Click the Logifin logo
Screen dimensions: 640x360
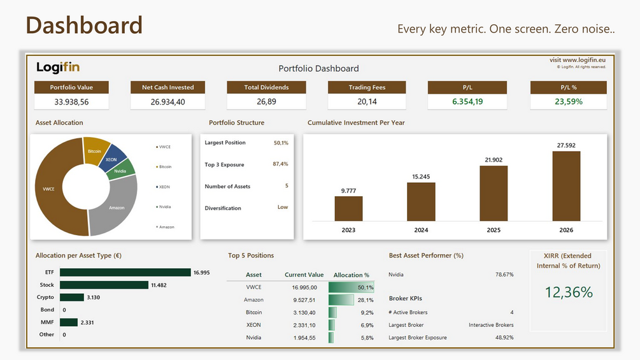pos(58,68)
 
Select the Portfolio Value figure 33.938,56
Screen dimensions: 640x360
pos(71,102)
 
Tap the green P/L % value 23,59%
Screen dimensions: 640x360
pos(569,102)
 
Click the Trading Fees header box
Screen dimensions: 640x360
pos(367,87)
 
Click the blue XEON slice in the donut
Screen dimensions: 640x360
pos(113,157)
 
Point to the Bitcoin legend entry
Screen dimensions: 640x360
pos(164,166)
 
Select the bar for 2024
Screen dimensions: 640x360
pos(421,201)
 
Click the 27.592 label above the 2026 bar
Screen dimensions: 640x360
pos(566,145)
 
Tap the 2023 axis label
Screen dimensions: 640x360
pos(348,230)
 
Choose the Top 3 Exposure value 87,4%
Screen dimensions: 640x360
pos(280,164)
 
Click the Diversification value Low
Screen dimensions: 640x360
pos(283,207)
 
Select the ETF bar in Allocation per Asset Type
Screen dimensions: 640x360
pos(125,272)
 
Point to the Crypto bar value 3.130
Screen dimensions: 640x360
pos(94,297)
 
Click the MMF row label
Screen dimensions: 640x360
pos(47,322)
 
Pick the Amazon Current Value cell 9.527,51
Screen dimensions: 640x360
pos(304,300)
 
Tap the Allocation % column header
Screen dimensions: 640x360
pos(352,275)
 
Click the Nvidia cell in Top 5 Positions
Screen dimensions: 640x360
pos(253,338)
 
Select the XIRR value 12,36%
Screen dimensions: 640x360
pos(569,292)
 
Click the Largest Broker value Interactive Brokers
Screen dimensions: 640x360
pos(491,325)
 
